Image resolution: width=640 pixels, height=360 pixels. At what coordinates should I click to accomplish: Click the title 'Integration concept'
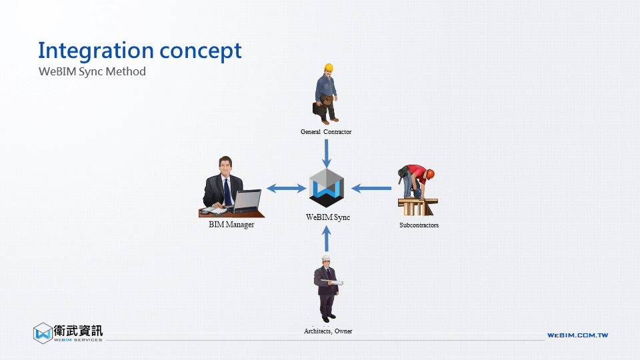(x=140, y=51)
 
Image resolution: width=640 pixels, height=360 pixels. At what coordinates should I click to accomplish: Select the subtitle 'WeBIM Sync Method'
(x=92, y=71)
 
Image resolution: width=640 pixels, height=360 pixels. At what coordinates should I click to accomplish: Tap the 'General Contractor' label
(x=326, y=132)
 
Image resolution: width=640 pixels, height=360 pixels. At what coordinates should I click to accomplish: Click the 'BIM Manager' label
(x=231, y=225)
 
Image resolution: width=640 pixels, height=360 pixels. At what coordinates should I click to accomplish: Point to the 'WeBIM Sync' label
(x=328, y=217)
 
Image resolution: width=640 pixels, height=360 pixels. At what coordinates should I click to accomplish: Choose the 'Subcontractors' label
(x=419, y=225)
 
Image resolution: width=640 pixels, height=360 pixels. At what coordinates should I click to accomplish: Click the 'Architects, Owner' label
(x=328, y=331)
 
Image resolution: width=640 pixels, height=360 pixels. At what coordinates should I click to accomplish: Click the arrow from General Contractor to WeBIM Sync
(x=327, y=153)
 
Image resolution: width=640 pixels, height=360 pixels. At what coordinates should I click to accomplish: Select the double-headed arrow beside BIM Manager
(x=287, y=189)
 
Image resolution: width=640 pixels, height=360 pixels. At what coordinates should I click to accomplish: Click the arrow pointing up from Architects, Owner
(x=327, y=239)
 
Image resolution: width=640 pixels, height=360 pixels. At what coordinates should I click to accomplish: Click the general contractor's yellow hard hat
(x=328, y=67)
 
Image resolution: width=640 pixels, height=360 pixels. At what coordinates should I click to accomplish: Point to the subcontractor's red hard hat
(x=430, y=174)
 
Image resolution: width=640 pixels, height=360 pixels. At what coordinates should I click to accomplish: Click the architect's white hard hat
(x=326, y=259)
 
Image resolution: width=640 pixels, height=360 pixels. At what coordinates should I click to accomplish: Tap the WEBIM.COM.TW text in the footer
(x=577, y=335)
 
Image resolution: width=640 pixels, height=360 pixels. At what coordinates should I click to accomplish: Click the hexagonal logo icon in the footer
(x=43, y=333)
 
